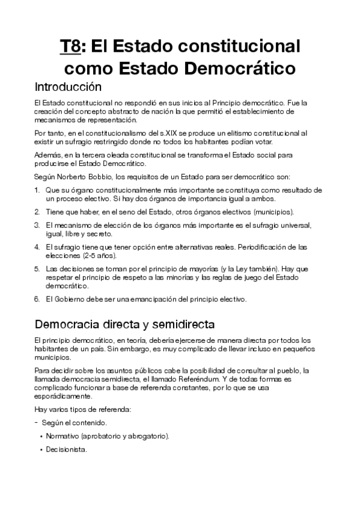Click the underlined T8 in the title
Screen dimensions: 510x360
(x=70, y=46)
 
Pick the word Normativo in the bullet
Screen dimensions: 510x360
(x=63, y=435)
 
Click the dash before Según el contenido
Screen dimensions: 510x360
(x=37, y=423)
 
